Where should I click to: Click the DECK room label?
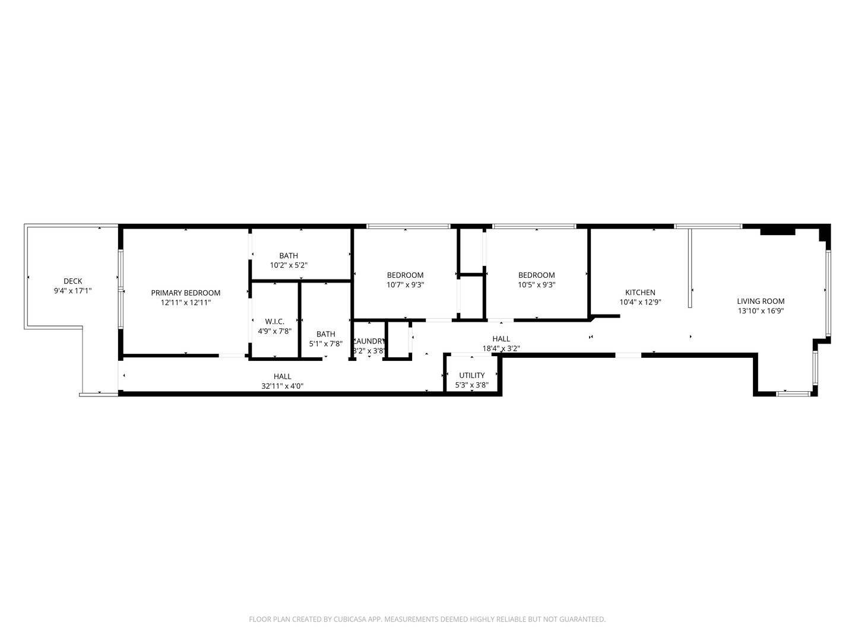coord(73,281)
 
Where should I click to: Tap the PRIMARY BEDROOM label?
coord(185,293)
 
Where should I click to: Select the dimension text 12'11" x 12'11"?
coord(185,303)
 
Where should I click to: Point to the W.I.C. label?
coord(274,322)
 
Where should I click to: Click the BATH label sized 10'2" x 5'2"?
coord(289,256)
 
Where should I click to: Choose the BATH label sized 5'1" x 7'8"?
coord(325,334)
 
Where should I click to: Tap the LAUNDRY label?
coord(369,341)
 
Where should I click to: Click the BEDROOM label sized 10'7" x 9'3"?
coord(405,275)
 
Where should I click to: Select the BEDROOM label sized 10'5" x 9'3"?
coord(536,275)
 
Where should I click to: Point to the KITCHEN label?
coord(640,293)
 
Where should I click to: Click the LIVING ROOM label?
coord(761,301)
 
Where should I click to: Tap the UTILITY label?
coord(471,375)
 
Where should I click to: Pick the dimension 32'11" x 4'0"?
coord(283,386)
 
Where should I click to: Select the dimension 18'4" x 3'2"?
coord(501,348)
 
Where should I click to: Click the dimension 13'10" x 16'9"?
coord(761,311)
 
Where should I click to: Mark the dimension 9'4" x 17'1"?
coord(73,291)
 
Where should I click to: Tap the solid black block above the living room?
coord(777,231)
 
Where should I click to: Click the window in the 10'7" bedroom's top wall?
coord(408,226)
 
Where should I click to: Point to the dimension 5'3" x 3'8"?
coord(471,385)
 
